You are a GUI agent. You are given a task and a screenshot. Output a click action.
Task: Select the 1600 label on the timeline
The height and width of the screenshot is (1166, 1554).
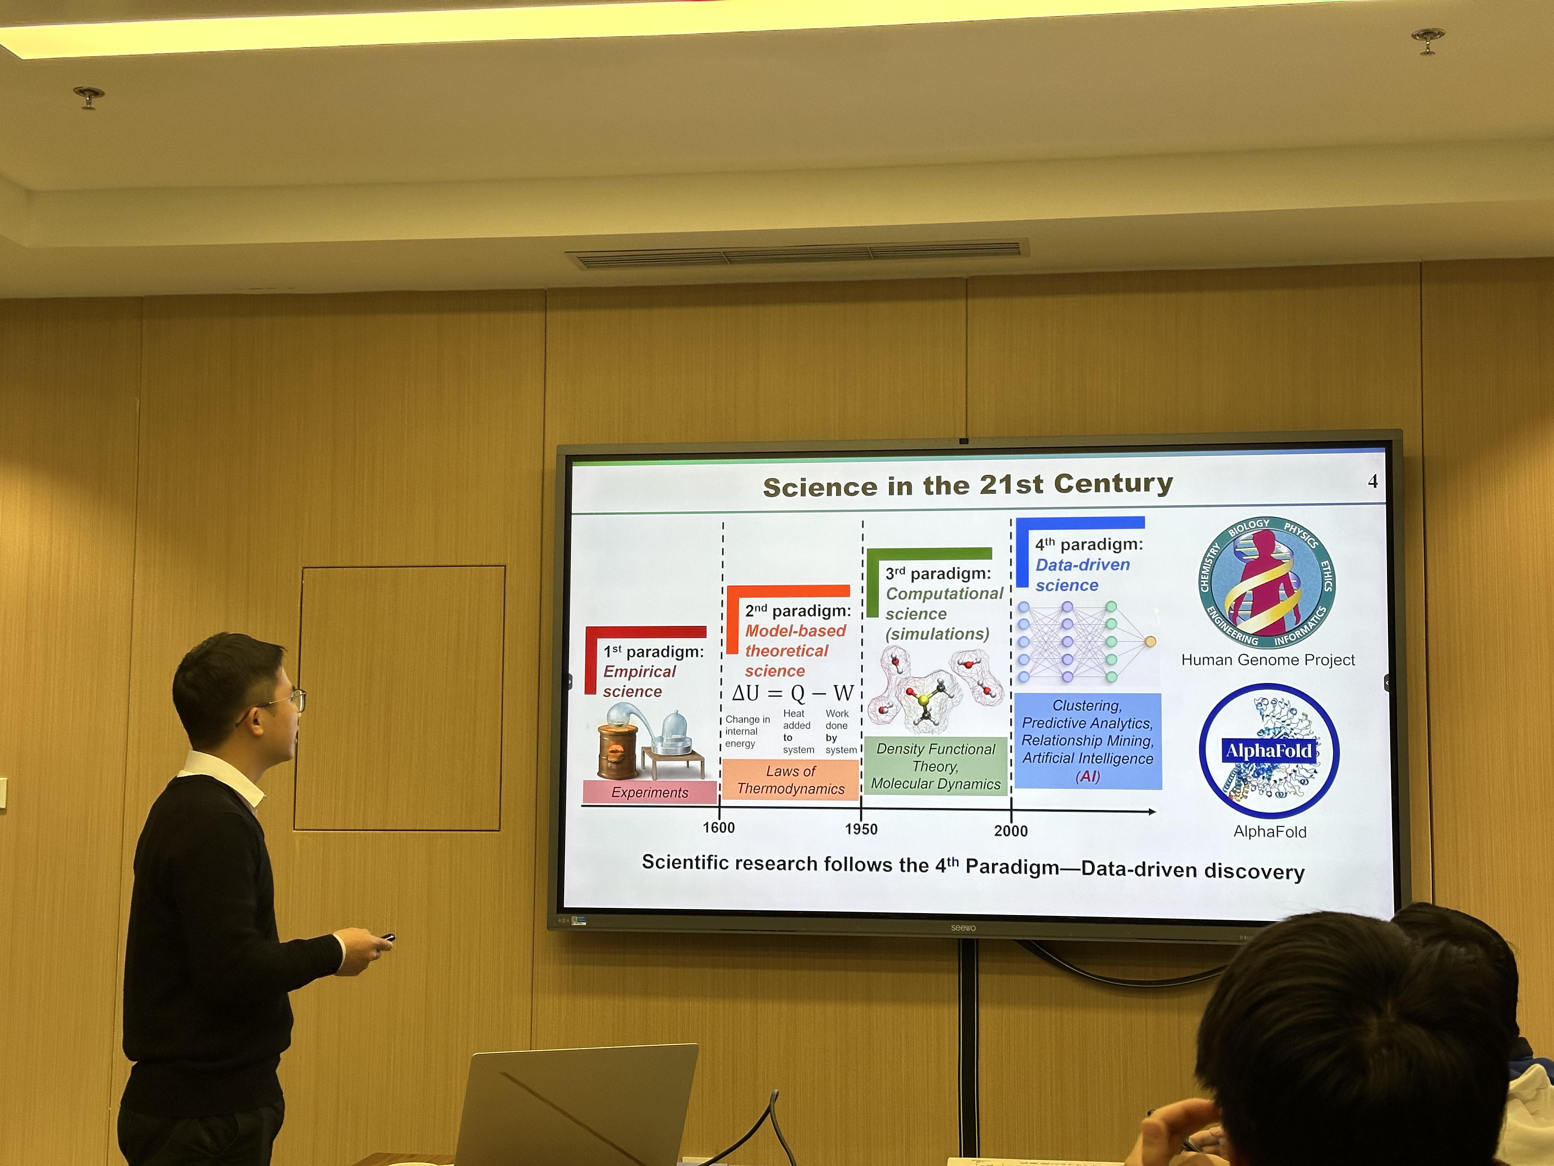pos(719,827)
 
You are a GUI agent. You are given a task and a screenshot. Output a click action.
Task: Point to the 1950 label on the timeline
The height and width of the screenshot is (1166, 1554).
pos(861,829)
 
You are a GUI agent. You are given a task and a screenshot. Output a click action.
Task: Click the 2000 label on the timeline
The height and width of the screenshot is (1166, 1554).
pos(1011,831)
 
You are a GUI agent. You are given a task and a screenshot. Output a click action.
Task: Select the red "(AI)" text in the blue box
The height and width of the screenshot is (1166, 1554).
pos(1088,776)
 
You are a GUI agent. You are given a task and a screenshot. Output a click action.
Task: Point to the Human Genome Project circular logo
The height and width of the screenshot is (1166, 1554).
pos(1266,583)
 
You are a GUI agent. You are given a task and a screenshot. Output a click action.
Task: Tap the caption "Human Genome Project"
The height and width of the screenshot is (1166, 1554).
pos(1268,660)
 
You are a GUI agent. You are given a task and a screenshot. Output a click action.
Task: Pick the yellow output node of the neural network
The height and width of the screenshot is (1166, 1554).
pos(1150,641)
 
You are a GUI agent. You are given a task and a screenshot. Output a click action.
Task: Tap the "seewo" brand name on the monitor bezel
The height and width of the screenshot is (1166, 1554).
pos(963,928)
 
